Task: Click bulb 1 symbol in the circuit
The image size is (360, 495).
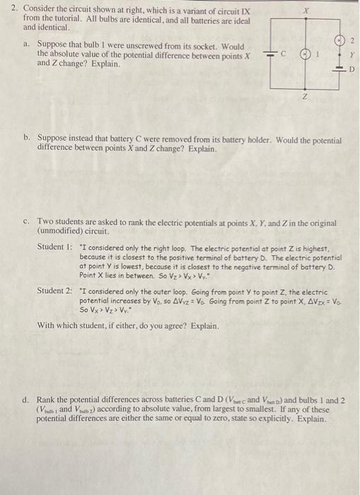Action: pyautogui.click(x=306, y=54)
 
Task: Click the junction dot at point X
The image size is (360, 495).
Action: pyautogui.click(x=306, y=26)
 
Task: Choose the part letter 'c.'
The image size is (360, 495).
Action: pyautogui.click(x=27, y=221)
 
